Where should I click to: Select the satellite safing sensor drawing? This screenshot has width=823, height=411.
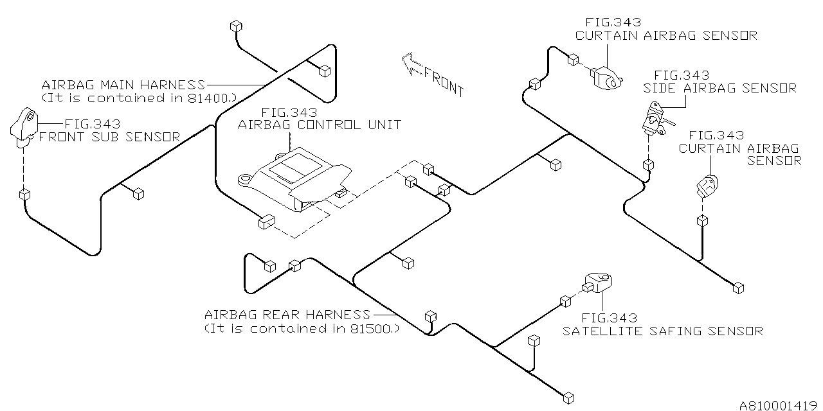tap(599, 283)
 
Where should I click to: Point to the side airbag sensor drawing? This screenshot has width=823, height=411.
tap(655, 120)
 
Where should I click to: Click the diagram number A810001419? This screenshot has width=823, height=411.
tap(779, 405)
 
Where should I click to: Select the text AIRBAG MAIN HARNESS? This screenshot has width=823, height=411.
tap(123, 85)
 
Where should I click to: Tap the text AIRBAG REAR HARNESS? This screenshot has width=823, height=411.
tap(287, 315)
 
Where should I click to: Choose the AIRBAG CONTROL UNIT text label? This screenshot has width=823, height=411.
tap(320, 125)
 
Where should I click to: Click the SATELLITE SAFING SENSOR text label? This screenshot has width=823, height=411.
tap(663, 331)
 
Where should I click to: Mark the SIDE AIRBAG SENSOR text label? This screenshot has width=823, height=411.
tap(719, 89)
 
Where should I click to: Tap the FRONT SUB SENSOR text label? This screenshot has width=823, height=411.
tap(110, 137)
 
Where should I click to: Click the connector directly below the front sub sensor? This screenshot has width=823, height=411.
tap(25, 193)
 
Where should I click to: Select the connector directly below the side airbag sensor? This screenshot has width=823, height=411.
tap(648, 165)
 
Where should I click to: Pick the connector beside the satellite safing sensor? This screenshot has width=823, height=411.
tap(566, 301)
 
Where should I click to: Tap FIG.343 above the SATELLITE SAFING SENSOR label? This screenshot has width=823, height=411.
tap(609, 317)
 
